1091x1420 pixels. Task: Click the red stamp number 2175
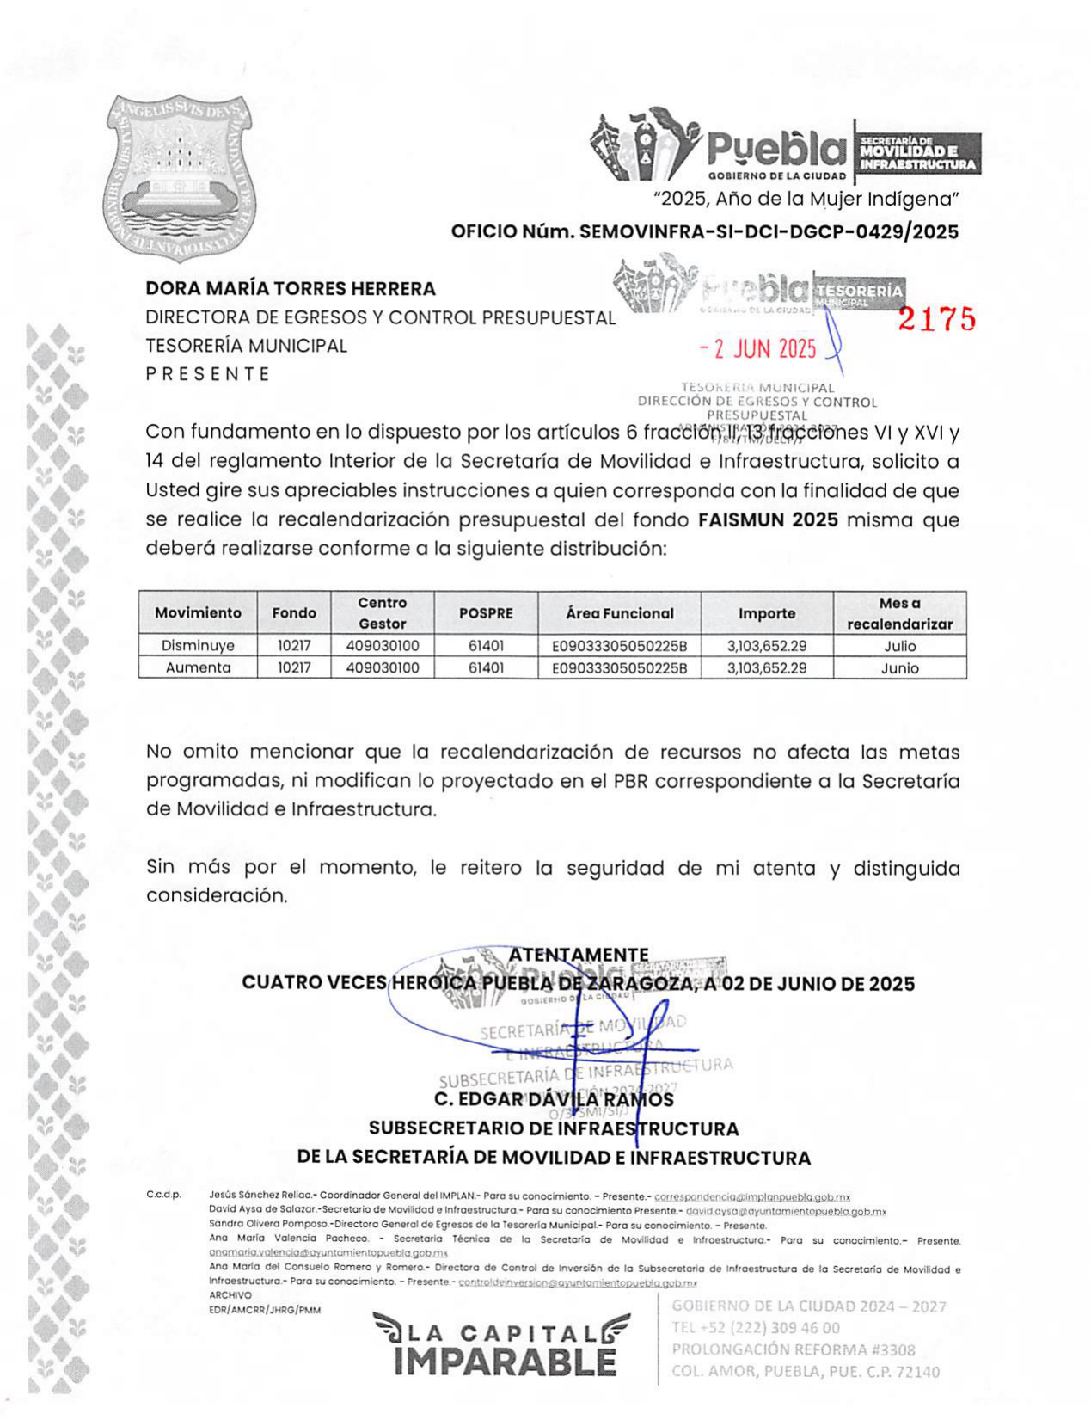(937, 319)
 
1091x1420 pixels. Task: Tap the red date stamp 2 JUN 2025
(757, 348)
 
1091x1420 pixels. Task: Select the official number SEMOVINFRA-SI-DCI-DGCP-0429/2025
(769, 231)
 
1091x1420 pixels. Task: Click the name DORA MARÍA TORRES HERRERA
(291, 289)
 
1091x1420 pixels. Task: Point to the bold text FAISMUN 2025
(768, 520)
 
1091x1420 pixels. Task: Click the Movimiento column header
(198, 613)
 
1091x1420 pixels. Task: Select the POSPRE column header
(486, 613)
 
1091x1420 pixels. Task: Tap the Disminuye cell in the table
(198, 646)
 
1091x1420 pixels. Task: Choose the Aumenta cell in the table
(198, 668)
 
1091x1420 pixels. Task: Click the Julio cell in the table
(899, 646)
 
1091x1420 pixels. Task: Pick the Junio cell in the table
(899, 668)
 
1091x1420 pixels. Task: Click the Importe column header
(766, 613)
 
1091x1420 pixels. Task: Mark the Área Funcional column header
(619, 613)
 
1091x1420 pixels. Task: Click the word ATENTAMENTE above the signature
(578, 955)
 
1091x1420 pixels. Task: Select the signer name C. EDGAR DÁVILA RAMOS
(554, 1099)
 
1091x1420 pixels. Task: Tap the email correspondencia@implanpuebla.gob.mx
(752, 1196)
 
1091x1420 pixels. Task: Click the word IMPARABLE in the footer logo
(505, 1362)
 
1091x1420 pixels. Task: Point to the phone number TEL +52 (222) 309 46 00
(756, 1328)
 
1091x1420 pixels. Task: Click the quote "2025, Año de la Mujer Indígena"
(806, 200)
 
